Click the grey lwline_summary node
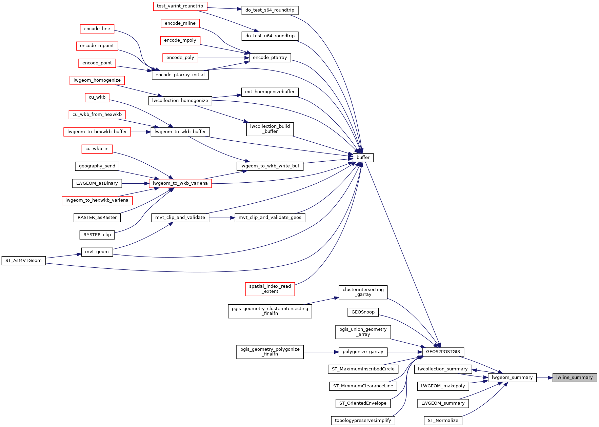pyautogui.click(x=575, y=378)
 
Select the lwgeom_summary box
pyautogui.click(x=512, y=378)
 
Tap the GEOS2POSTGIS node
pyautogui.click(x=443, y=352)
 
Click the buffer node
pyautogui.click(x=363, y=158)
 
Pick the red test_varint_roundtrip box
pyautogui.click(x=180, y=6)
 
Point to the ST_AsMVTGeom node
pyautogui.click(x=23, y=261)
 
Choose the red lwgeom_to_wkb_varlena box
pyautogui.click(x=180, y=183)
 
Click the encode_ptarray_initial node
pyautogui.click(x=180, y=75)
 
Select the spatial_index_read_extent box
pyautogui.click(x=270, y=289)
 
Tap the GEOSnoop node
pyautogui.click(x=363, y=312)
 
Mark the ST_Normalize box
pyautogui.click(x=443, y=421)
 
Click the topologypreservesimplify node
pyautogui.click(x=363, y=421)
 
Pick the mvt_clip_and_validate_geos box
pyautogui.click(x=270, y=218)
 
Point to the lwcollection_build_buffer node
pyautogui.click(x=270, y=129)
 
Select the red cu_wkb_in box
pyautogui.click(x=97, y=149)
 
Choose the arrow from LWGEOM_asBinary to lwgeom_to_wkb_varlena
pyautogui.click(x=135, y=183)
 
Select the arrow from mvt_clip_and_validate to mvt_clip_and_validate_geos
pyautogui.click(x=222, y=218)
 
